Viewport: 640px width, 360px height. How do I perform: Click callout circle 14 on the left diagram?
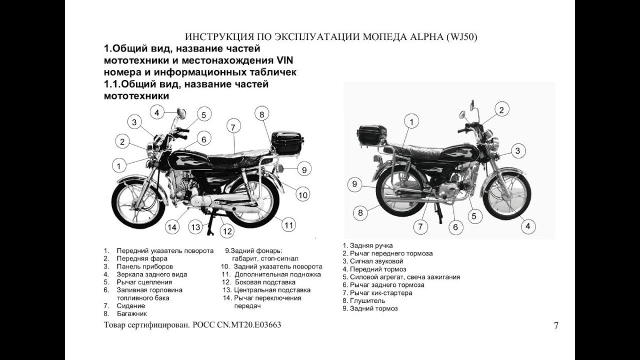172,227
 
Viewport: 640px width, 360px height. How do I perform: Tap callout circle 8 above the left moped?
261,114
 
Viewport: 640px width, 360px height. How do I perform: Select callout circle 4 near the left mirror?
157,112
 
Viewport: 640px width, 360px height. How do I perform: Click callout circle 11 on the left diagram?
289,225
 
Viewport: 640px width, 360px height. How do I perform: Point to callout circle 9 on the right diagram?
354,185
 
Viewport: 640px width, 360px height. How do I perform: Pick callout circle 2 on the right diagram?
501,110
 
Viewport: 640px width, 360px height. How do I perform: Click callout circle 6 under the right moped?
455,227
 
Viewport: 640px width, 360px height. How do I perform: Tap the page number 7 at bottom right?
556,326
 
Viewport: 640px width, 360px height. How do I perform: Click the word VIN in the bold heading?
289,60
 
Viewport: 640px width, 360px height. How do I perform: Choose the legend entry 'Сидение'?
131,306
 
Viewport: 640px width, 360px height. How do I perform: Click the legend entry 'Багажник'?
132,314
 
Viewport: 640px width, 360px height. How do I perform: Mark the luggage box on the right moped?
372,134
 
